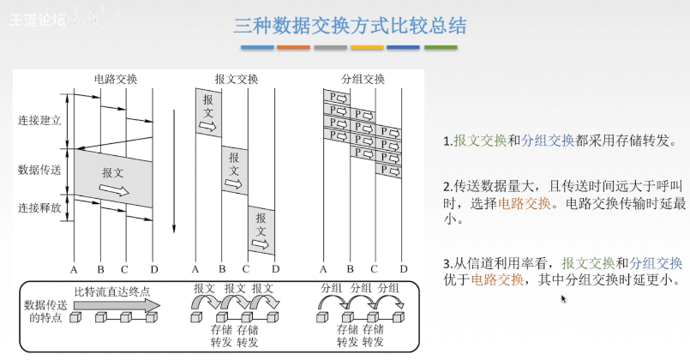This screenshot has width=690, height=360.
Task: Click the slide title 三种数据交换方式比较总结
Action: [350, 25]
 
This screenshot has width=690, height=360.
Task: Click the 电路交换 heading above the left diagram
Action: [115, 80]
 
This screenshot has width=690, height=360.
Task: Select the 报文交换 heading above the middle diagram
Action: [236, 80]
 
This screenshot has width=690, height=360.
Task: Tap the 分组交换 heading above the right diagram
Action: [363, 80]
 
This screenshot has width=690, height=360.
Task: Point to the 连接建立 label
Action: [39, 121]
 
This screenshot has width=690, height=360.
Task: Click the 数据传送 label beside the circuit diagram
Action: [39, 169]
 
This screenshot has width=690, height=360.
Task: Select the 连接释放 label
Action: [39, 207]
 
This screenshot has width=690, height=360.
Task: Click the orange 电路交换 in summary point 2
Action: [522, 203]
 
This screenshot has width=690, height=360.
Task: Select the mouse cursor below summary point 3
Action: [563, 299]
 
